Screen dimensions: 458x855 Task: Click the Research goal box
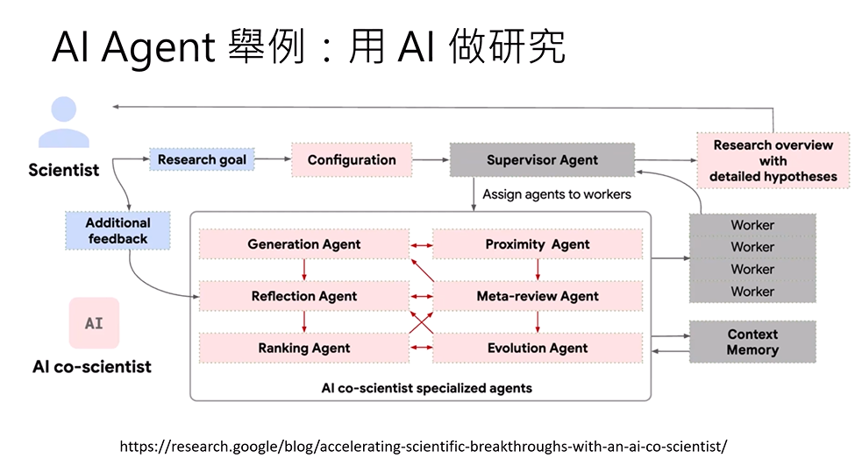(202, 160)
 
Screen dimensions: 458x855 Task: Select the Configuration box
(352, 160)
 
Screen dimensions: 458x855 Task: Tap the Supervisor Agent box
(542, 160)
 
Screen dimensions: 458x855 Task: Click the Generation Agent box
(303, 244)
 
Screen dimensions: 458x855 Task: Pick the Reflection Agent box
(303, 296)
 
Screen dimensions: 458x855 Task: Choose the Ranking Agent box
(303, 348)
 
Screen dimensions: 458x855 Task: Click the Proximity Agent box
(538, 244)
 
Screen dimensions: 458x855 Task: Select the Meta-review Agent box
(538, 296)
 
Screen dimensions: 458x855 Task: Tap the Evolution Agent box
(538, 348)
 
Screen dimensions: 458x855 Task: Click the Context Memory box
(752, 342)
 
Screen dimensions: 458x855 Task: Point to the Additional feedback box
(118, 230)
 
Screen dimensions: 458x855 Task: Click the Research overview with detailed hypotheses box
(773, 160)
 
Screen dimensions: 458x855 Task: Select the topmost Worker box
(752, 225)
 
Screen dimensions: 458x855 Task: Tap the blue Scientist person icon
(63, 122)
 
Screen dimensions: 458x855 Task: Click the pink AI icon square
(93, 323)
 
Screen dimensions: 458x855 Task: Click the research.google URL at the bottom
(423, 446)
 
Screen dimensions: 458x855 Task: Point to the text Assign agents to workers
(556, 194)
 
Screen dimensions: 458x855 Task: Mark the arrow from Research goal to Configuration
(273, 160)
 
